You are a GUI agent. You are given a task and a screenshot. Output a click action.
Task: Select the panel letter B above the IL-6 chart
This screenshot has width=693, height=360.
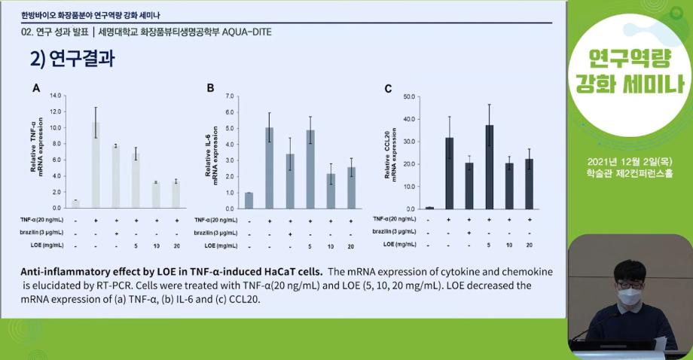211,88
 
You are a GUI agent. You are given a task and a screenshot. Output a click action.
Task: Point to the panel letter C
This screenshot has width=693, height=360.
388,89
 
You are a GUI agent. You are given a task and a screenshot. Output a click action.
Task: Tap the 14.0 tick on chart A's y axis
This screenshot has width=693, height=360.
55,96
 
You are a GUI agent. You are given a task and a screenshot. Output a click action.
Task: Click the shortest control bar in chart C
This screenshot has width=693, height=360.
429,208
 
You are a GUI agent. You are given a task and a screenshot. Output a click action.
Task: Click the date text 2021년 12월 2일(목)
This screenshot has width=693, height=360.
631,162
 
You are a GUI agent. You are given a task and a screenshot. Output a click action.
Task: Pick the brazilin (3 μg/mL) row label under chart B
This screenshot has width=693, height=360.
215,233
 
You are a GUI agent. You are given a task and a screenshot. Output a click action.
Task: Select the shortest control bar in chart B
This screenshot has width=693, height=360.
249,200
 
